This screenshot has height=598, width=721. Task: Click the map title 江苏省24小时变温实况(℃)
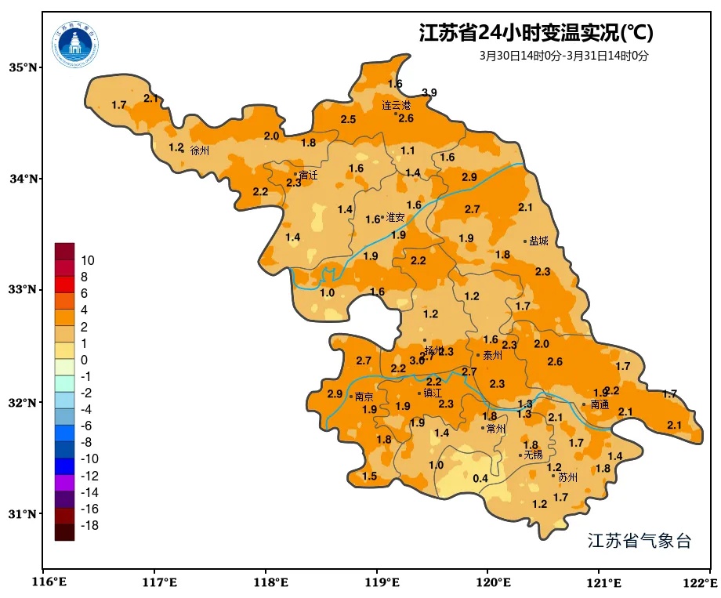[x=536, y=33]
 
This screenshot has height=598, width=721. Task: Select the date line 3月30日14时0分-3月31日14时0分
[x=563, y=56]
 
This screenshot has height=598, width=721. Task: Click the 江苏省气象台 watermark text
[x=639, y=541]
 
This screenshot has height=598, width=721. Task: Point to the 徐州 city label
[x=200, y=150]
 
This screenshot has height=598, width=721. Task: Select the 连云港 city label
[x=396, y=105]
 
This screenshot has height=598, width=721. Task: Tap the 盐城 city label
[x=539, y=241]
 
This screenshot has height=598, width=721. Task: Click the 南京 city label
[x=364, y=397]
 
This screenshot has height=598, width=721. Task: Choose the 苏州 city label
[x=567, y=477]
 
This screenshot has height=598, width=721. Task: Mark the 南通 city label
[x=600, y=405]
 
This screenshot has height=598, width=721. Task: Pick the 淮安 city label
[x=395, y=218]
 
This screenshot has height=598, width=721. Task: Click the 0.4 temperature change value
[x=480, y=479]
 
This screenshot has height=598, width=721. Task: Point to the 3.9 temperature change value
[x=429, y=92]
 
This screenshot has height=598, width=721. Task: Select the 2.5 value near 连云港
[x=348, y=119]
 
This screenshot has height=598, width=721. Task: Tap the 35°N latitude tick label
[x=24, y=67]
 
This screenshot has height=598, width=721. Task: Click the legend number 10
[x=88, y=260]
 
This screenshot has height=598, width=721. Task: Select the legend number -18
[x=89, y=525]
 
